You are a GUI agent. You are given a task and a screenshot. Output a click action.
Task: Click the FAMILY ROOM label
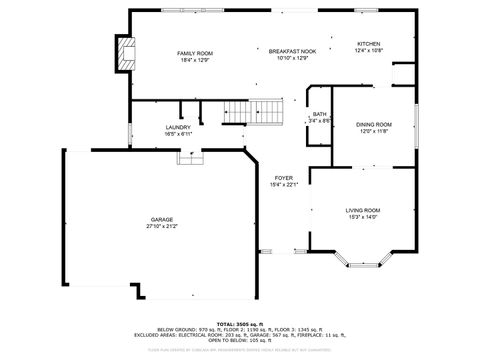pos(196,53)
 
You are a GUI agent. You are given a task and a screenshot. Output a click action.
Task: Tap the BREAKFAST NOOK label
pos(292,51)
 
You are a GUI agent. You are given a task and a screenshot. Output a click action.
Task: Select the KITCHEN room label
pos(369,44)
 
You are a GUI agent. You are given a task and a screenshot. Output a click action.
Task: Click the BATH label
pos(319,114)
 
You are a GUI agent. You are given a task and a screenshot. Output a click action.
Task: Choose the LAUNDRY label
pos(179,127)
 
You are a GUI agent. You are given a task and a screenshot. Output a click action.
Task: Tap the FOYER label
pos(284,177)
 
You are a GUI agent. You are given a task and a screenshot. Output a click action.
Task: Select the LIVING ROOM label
pos(363,210)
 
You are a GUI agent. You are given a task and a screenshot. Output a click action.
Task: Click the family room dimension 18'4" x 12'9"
pos(196,60)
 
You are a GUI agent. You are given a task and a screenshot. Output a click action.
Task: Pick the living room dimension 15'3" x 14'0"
pos(363,217)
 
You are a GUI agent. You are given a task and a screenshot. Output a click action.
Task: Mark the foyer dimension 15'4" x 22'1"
pos(284,185)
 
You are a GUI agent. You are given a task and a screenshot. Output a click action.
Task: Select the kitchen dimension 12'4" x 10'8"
pos(369,51)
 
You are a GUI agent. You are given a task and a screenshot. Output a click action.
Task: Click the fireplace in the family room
pos(125,56)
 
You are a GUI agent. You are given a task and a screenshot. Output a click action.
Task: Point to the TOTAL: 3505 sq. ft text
pos(239,324)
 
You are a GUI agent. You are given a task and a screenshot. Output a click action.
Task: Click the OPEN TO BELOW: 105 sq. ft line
pos(239,340)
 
